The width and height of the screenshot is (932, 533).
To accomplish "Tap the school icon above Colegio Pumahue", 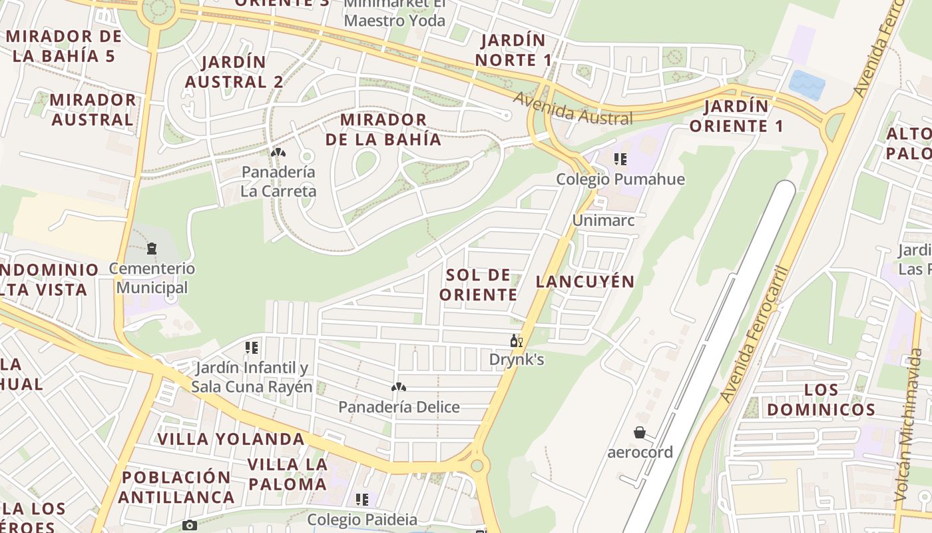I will [x=620, y=159].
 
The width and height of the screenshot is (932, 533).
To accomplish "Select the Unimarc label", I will [x=603, y=220].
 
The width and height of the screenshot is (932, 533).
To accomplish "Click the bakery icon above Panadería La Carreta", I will [x=278, y=153].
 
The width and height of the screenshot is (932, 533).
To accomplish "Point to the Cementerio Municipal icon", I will [x=152, y=249].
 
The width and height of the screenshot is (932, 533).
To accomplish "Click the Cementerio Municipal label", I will [x=152, y=278].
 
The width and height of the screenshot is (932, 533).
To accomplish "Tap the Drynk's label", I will [x=517, y=360].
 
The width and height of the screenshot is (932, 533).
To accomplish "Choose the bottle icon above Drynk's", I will [x=516, y=341].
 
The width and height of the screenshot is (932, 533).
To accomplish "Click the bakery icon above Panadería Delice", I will [x=399, y=387].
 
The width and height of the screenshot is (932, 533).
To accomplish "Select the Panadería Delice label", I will [x=399, y=406].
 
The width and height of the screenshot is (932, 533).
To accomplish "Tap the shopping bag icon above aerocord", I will [x=640, y=433].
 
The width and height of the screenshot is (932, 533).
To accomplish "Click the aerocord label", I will [x=640, y=452].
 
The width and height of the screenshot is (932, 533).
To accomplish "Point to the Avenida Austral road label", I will [x=573, y=109].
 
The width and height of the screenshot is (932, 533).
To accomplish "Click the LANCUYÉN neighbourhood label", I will [x=585, y=281].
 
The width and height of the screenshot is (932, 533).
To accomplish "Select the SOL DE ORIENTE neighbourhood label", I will [x=479, y=284].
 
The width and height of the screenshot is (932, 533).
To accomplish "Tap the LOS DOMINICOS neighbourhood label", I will [x=820, y=400].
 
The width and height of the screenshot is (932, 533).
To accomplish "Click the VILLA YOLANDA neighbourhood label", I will [x=231, y=439].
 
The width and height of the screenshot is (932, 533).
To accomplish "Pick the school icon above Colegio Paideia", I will [x=362, y=499].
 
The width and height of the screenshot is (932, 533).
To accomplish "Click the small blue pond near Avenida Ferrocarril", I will [x=807, y=85].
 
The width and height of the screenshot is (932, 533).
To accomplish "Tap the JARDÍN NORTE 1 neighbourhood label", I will [x=513, y=50].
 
